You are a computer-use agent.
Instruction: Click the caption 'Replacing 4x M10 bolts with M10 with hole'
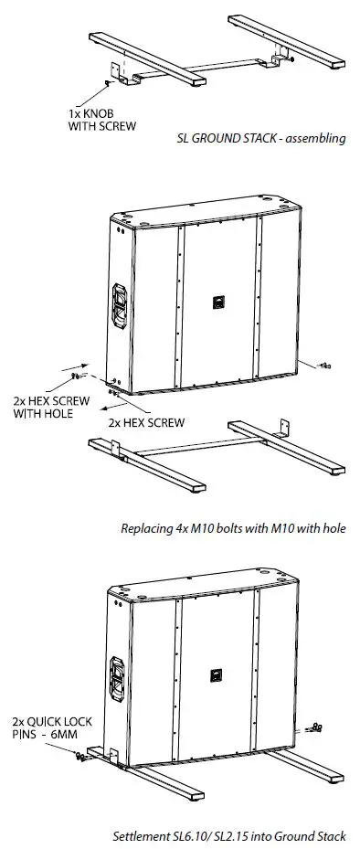click(233, 528)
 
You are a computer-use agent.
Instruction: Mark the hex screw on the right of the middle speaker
click(323, 366)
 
